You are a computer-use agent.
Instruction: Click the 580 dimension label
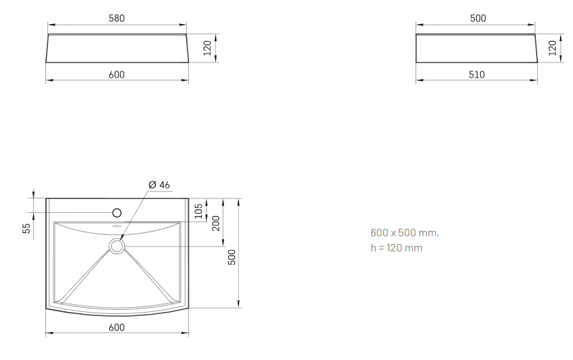117,19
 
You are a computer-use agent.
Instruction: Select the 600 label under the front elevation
117,75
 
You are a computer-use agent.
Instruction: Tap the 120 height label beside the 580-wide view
207,48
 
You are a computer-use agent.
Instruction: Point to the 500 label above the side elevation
478,19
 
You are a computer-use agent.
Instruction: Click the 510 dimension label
477,75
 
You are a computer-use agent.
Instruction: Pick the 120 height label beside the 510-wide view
552,48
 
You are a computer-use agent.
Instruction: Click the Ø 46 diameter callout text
159,185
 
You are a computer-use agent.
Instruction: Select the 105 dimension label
198,211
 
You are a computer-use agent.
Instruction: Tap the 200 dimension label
216,223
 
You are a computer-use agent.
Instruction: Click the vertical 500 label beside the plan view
232,258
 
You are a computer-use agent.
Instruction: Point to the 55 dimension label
27,228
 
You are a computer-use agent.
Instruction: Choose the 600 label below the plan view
117,328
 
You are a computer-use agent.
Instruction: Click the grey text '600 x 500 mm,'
405,232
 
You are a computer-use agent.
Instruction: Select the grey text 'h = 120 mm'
396,248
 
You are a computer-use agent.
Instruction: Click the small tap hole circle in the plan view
117,213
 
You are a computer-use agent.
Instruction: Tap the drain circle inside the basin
117,247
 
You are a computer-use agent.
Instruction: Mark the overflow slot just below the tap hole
117,226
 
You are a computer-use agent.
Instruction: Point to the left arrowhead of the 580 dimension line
52,25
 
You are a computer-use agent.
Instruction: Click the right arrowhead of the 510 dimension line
534,80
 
